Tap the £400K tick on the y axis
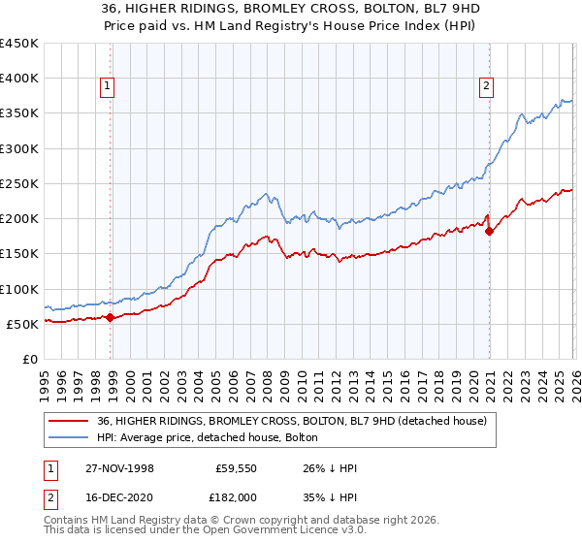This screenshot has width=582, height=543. coord(19,79)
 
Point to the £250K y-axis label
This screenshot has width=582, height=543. coord(19,183)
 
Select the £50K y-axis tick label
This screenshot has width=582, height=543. coord(23,324)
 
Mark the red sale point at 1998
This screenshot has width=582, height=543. coord(111,317)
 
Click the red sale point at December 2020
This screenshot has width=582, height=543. coord(489,231)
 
